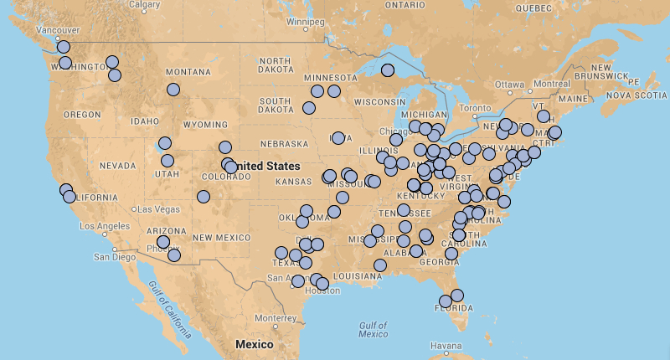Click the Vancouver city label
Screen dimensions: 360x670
[34, 31]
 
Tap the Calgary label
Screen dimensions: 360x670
[145, 5]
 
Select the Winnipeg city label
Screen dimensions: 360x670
[304, 21]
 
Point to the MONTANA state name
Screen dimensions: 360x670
[188, 72]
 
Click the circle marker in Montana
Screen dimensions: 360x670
[173, 90]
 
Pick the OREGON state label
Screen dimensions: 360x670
[81, 114]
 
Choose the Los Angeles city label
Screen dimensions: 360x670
[105, 226]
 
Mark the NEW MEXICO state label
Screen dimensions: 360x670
[221, 238]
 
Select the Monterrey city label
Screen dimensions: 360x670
[276, 318]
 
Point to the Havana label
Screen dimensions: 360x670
[445, 346]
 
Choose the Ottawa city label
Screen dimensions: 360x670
[508, 85]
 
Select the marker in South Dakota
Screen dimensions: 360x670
[309, 108]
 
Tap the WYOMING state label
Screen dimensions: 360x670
[205, 125]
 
